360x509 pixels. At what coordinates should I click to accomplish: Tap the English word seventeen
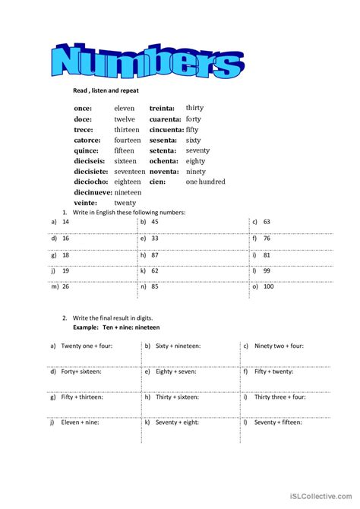[130, 172]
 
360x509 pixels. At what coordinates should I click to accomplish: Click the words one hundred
[206, 182]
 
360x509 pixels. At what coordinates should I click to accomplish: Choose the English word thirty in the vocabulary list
[194, 109]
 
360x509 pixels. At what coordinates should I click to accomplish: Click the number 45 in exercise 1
[155, 222]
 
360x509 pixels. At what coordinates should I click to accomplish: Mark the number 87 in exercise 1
[155, 254]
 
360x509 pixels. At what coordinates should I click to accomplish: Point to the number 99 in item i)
[267, 271]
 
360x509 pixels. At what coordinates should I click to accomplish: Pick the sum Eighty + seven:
[178, 371]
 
